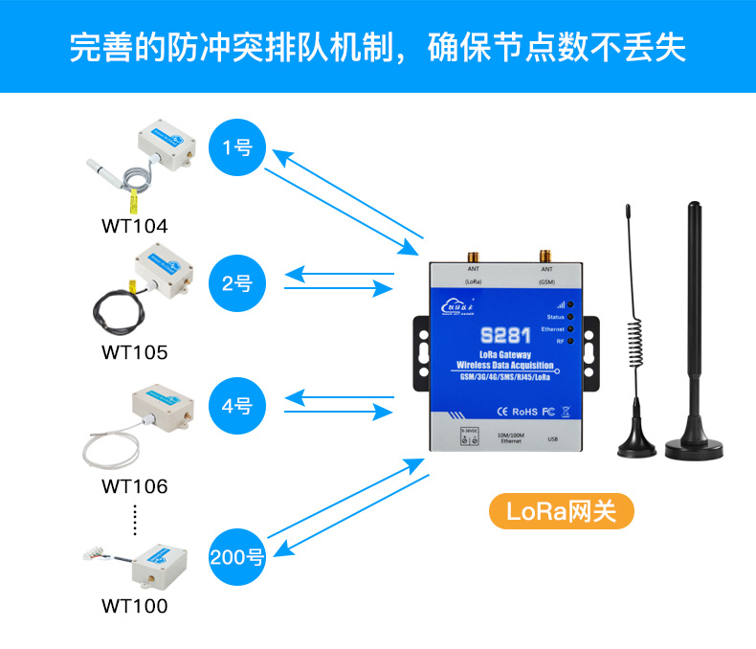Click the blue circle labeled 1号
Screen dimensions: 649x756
tap(236, 147)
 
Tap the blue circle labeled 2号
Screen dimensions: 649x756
tap(236, 282)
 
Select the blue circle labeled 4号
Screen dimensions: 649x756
tap(236, 406)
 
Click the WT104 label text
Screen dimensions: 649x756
tap(134, 227)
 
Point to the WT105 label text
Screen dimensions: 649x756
tap(134, 352)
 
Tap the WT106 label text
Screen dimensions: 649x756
tap(134, 486)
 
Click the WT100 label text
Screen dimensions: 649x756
tap(134, 606)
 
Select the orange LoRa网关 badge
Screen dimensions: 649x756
tap(562, 510)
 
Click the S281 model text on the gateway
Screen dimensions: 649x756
tap(504, 337)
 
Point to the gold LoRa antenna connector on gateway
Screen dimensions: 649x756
tap(473, 257)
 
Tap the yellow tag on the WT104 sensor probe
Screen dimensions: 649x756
tap(136, 201)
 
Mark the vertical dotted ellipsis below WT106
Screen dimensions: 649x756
tap(135, 519)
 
